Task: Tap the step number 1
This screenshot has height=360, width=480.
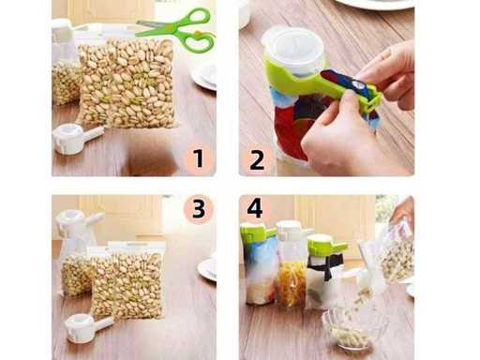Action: coord(199,158)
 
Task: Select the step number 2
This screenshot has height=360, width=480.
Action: coord(257,159)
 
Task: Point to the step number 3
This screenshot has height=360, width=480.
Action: coord(199,208)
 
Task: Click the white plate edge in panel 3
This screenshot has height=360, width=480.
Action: coord(207,269)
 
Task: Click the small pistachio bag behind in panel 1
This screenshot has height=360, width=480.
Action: coord(66,82)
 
